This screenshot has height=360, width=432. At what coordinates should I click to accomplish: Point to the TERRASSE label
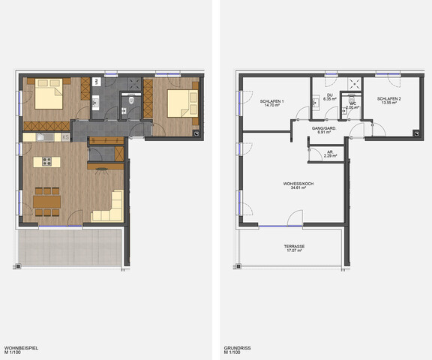coord(293,246)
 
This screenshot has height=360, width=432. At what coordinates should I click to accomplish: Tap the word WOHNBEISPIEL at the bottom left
coord(19,346)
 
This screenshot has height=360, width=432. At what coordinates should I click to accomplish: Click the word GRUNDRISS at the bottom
coord(236,346)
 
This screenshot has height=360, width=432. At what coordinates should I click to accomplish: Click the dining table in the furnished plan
coord(48,201)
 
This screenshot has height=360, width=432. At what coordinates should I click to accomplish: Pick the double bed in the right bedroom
coord(180,104)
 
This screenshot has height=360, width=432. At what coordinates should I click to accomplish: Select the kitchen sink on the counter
coord(43,138)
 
